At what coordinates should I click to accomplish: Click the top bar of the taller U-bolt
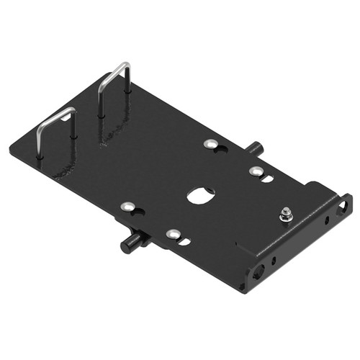pos(120,68)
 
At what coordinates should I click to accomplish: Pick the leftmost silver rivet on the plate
pos(128,207)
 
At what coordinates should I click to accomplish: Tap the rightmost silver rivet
pos(255,171)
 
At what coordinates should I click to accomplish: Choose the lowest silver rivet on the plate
pos(173,234)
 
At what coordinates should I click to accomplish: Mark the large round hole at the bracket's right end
pos(344,207)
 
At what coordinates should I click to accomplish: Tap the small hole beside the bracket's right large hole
pos(328,219)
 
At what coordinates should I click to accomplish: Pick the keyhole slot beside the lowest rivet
pos(184,240)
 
